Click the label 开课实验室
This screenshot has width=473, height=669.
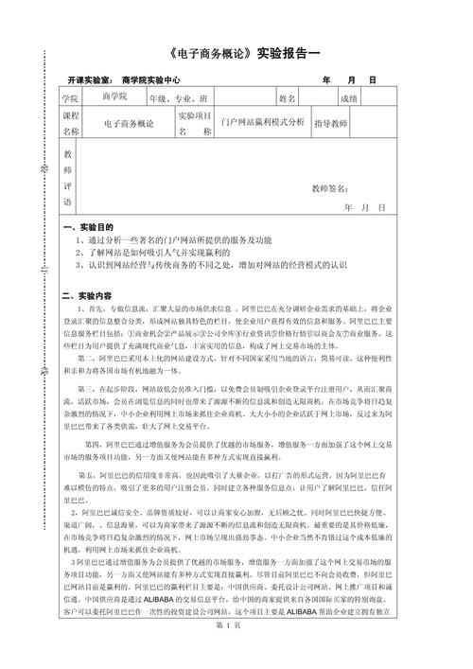[x=89, y=81]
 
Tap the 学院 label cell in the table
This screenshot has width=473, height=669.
[x=69, y=97]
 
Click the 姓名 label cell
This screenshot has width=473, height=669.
[x=288, y=97]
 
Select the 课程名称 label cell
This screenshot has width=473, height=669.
[x=69, y=123]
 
